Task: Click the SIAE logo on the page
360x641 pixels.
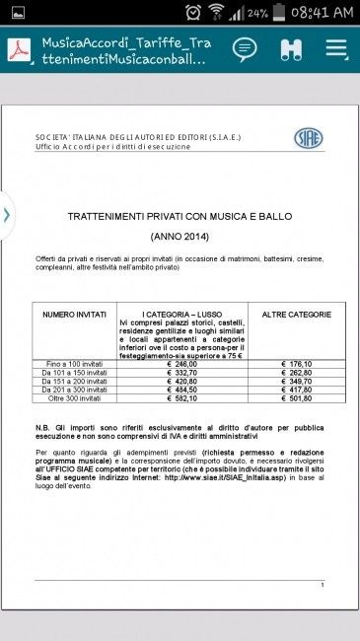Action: [x=308, y=138]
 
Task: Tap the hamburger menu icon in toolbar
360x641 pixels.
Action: [x=336, y=49]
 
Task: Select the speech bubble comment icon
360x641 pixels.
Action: [x=245, y=49]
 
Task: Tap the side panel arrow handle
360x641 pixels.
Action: [x=6, y=214]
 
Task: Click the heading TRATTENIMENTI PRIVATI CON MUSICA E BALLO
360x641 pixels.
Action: [x=180, y=215]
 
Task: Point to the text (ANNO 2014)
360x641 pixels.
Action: [x=180, y=237]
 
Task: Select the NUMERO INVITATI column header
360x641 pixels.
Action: [x=74, y=315]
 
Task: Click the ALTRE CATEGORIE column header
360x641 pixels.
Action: [x=296, y=315]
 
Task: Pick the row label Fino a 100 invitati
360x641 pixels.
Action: [x=74, y=364]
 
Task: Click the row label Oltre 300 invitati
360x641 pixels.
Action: [x=74, y=398]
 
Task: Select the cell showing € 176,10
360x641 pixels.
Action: [x=296, y=364]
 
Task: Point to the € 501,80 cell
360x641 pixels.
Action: [x=296, y=398]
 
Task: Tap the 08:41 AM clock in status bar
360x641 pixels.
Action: [x=315, y=12]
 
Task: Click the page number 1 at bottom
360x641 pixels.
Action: [x=322, y=585]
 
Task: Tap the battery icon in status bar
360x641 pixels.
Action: [x=279, y=12]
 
